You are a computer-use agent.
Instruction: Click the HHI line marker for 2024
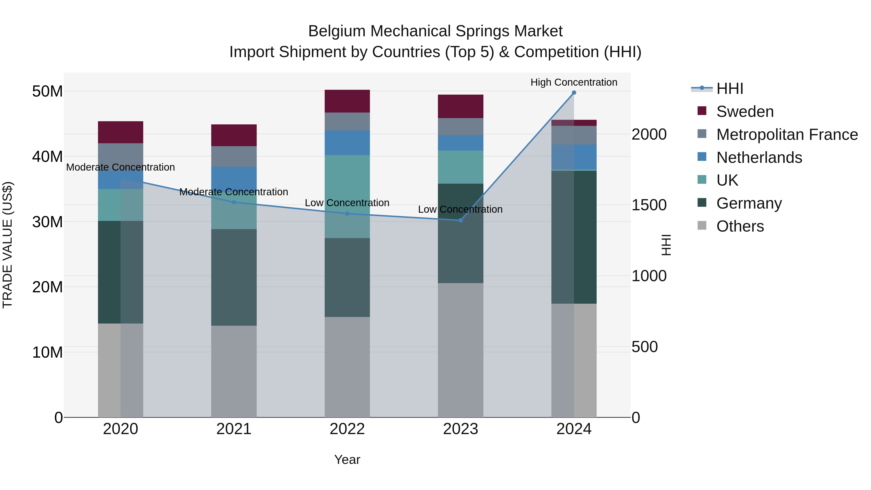(574, 93)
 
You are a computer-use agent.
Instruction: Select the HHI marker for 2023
(460, 220)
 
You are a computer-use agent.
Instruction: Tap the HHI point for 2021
(234, 202)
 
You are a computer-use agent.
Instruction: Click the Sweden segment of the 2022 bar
(347, 101)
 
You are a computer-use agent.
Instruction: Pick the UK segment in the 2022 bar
(347, 196)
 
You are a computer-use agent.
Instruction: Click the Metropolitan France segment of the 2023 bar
(460, 127)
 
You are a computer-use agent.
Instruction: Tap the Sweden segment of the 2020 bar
(121, 132)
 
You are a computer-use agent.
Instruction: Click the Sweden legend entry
(745, 112)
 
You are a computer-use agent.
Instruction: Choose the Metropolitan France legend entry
(787, 135)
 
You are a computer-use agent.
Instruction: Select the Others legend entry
(740, 226)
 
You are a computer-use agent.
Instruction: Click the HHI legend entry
(730, 89)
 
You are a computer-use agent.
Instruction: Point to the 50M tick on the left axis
(47, 91)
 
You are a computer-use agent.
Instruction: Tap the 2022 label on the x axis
(347, 429)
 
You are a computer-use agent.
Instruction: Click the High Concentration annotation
(574, 82)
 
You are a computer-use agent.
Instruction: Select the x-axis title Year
(347, 460)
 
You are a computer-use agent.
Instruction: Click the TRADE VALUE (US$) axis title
(8, 245)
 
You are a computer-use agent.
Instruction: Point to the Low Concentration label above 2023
(460, 209)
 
